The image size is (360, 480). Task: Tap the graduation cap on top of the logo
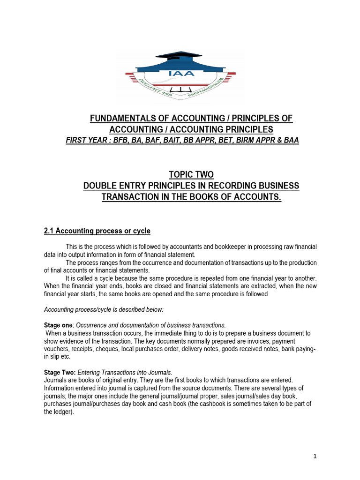[x=180, y=55]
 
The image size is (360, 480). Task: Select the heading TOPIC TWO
[x=191, y=175]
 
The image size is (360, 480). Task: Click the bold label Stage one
[x=58, y=325]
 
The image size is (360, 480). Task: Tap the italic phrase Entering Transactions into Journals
[x=125, y=372]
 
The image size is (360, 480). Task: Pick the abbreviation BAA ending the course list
[x=290, y=140]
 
